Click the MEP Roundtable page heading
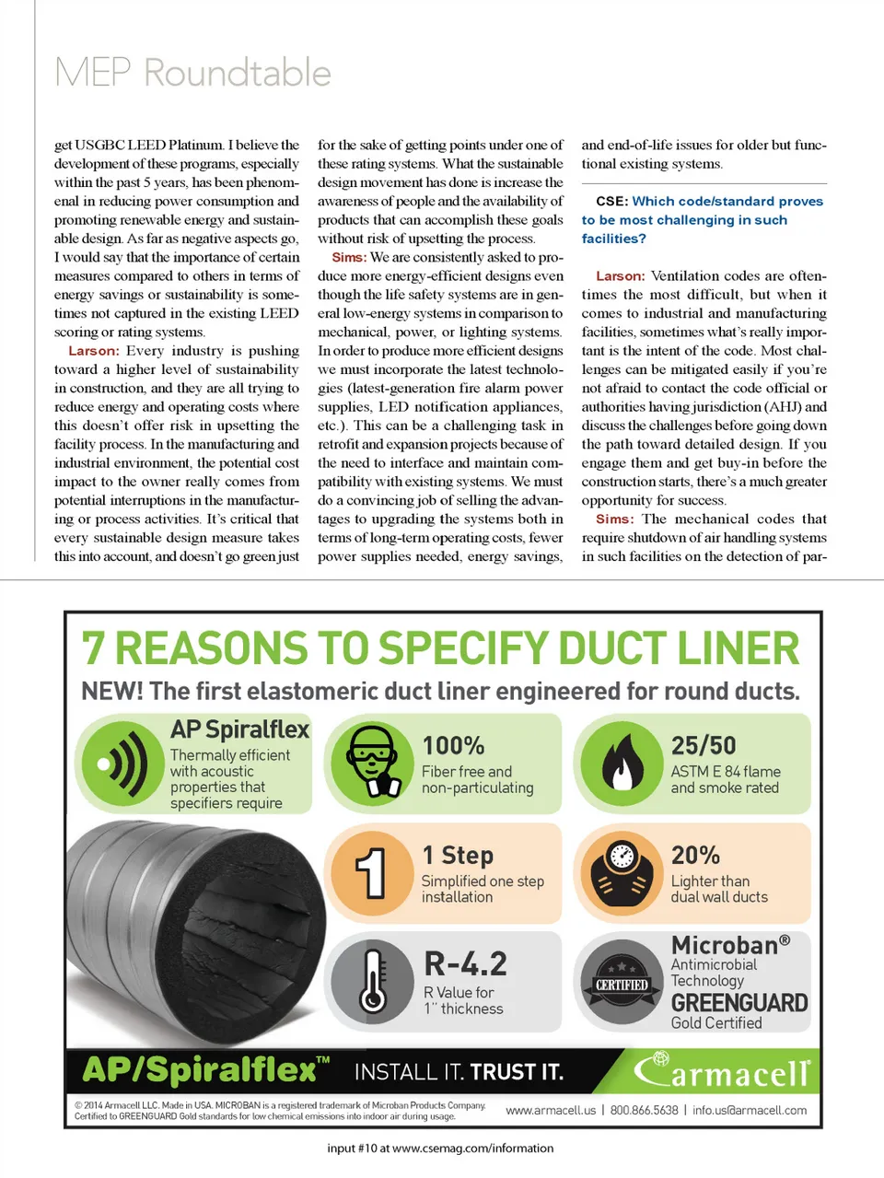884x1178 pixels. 192,73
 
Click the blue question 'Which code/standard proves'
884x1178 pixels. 727,202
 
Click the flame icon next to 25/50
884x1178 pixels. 622,763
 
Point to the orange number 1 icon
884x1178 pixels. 371,872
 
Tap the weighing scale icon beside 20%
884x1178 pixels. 622,872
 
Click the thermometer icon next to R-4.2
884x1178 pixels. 373,982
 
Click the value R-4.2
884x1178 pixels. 465,964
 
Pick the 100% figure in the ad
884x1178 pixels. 453,745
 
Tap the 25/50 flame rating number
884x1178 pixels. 703,745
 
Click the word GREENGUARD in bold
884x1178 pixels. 739,1003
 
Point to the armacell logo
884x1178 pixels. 723,1071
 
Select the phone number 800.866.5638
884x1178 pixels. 644,1111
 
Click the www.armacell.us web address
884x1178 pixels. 551,1111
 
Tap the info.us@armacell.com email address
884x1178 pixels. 750,1111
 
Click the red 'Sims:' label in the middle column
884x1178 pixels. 349,258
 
